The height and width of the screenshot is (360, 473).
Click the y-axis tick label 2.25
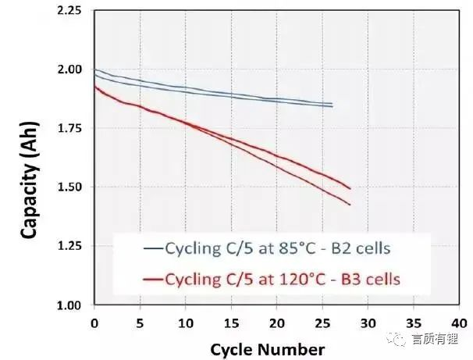point(69,10)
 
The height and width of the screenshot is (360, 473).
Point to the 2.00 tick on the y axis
point(69,70)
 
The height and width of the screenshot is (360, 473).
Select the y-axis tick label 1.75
point(69,128)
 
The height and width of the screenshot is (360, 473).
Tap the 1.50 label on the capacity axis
point(69,187)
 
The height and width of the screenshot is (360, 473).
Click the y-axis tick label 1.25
point(69,246)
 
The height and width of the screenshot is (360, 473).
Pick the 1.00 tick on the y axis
point(69,305)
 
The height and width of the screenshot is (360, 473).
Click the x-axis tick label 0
point(94,322)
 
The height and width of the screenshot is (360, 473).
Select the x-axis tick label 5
point(140,322)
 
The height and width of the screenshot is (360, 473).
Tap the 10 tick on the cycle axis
point(186,322)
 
